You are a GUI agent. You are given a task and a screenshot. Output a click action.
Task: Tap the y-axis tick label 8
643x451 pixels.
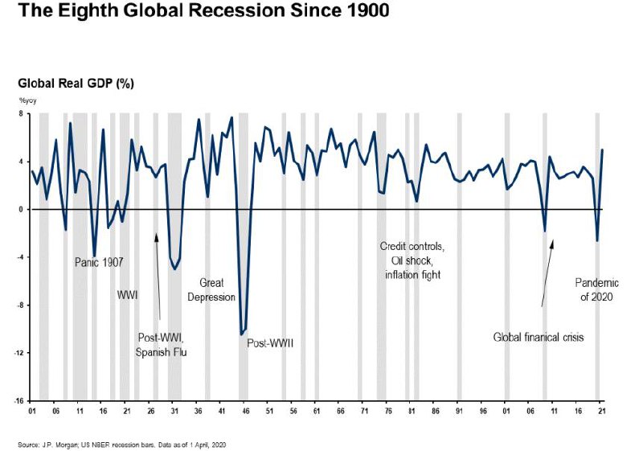click(23, 114)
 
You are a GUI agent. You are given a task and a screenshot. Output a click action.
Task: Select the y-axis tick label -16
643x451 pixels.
click(21, 400)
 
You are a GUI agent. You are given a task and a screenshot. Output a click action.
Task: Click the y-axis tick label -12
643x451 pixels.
click(21, 353)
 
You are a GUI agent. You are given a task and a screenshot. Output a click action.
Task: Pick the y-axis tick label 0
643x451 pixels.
click(23, 210)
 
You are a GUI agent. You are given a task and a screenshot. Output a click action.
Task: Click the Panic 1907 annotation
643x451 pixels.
click(102, 262)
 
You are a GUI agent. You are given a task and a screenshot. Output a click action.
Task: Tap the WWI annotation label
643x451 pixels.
click(128, 295)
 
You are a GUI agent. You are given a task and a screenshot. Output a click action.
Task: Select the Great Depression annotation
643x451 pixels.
click(211, 289)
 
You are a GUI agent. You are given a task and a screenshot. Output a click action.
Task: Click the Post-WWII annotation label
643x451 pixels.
click(270, 343)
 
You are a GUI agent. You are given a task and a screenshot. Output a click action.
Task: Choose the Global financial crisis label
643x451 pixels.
click(538, 338)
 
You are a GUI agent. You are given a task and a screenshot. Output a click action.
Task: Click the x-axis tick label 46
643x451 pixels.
click(245, 411)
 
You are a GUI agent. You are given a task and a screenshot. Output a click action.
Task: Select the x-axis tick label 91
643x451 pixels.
click(459, 411)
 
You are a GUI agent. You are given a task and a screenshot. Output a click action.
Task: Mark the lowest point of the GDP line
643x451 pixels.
click(241, 334)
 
